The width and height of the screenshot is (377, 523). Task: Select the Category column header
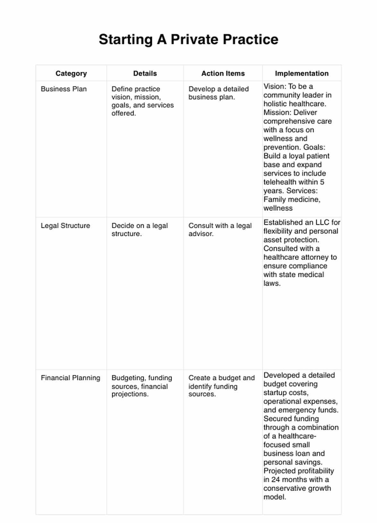tap(71, 73)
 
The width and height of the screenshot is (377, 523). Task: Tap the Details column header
tap(145, 73)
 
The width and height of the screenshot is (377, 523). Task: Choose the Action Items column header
tap(223, 73)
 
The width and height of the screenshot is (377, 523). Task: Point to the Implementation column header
tap(302, 73)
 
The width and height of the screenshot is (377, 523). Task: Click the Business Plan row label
tap(63, 89)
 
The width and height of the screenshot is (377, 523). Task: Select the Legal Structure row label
tap(65, 226)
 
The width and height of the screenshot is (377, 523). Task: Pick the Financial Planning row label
tap(70, 378)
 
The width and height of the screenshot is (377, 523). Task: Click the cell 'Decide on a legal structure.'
tap(139, 229)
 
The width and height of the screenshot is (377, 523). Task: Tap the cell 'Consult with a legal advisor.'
tap(220, 229)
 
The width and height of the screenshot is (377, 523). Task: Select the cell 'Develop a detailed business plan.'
tap(218, 93)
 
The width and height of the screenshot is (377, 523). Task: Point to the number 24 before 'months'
tap(275, 480)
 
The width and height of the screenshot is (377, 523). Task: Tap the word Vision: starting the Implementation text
tap(274, 86)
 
